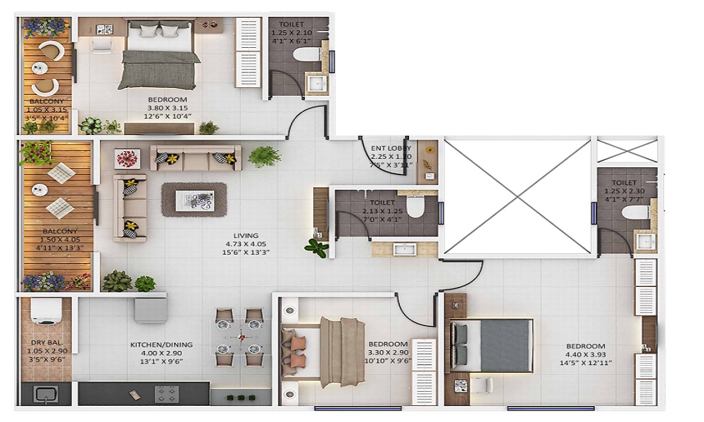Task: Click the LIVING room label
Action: click(246, 236)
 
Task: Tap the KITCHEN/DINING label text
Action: click(161, 345)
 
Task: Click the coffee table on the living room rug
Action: click(194, 199)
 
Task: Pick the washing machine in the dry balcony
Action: click(46, 312)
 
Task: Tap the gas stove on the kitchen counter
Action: click(166, 394)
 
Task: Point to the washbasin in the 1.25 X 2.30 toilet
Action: click(646, 241)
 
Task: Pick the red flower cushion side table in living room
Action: click(127, 158)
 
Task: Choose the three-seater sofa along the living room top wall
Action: click(196, 158)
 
